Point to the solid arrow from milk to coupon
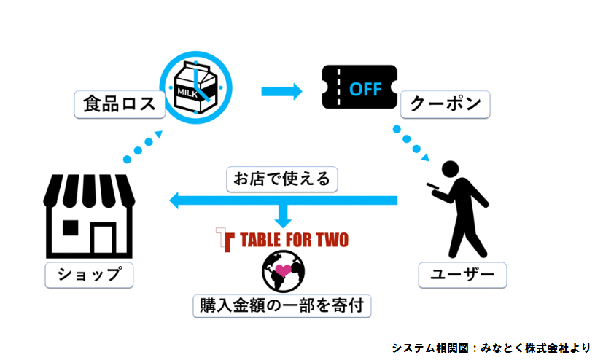click(281, 92)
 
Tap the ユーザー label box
click(462, 275)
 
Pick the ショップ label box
click(84, 275)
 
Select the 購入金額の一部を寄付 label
click(281, 305)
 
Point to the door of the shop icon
click(101, 238)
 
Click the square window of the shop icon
click(71, 227)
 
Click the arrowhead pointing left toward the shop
click(176, 199)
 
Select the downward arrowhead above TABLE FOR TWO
click(281, 219)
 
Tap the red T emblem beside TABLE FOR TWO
click(223, 238)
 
